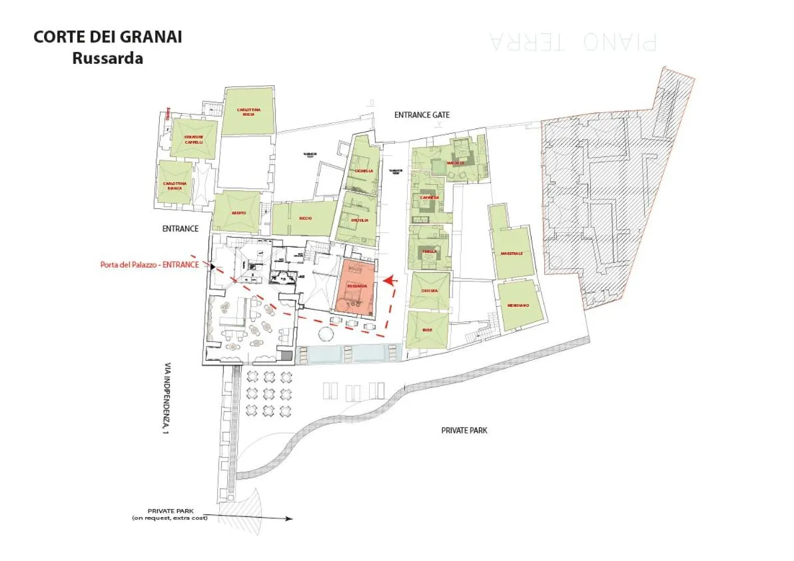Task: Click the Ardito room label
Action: [238, 213]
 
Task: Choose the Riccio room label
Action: [306, 218]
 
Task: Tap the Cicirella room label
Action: [364, 170]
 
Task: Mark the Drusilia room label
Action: [360, 220]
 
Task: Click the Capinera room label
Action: [429, 198]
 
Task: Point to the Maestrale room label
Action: [512, 254]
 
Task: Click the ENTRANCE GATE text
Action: [422, 115]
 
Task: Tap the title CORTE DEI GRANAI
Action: [108, 37]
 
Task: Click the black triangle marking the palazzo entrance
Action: [212, 268]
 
